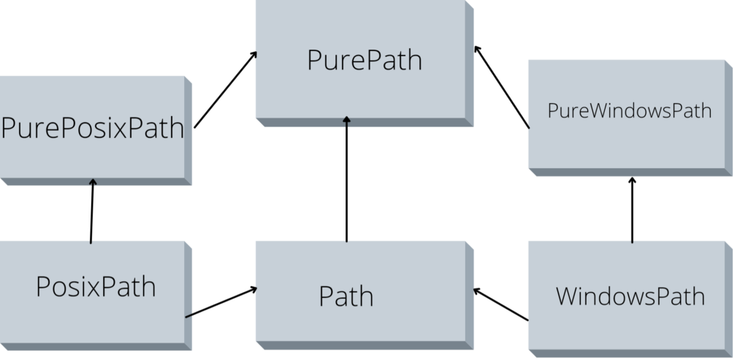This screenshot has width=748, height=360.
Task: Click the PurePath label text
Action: pyautogui.click(x=365, y=60)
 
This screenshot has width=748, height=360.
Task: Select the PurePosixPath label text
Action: pyautogui.click(x=92, y=129)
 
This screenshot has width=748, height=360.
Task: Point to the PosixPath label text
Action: pyautogui.click(x=96, y=286)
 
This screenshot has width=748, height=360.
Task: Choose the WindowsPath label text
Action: pyautogui.click(x=630, y=296)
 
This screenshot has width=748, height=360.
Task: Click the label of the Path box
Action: pyautogui.click(x=346, y=296)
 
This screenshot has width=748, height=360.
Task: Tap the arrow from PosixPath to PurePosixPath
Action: pyautogui.click(x=92, y=211)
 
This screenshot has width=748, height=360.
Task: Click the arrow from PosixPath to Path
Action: pyautogui.click(x=221, y=302)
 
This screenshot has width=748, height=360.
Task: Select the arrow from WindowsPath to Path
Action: pyautogui.click(x=501, y=305)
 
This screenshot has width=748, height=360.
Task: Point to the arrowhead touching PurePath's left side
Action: pyautogui.click(x=254, y=55)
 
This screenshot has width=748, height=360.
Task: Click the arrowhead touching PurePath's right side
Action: pyautogui.click(x=476, y=49)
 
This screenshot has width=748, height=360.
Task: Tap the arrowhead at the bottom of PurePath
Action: pyautogui.click(x=346, y=121)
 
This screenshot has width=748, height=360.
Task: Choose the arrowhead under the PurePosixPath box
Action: pyautogui.click(x=93, y=183)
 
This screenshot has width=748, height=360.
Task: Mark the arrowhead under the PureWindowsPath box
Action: pyautogui.click(x=632, y=180)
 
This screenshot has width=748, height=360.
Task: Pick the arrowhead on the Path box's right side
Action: pyautogui.click(x=477, y=291)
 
